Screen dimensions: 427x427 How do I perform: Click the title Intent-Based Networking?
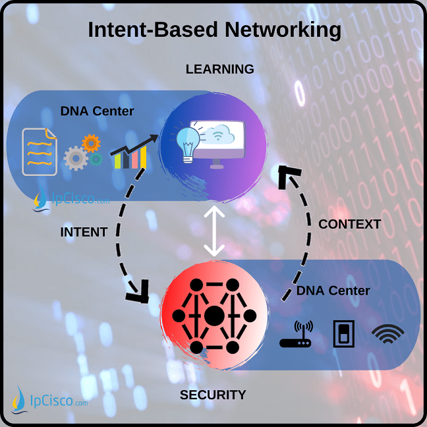click(215, 30)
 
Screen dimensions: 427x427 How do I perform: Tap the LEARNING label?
click(219, 69)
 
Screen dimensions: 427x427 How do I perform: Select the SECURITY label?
click(213, 395)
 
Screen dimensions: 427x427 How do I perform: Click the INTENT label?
click(84, 233)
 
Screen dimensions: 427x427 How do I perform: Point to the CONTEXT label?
click(349, 224)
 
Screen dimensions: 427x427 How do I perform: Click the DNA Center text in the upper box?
click(97, 111)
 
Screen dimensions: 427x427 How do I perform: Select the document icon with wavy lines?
click(40, 152)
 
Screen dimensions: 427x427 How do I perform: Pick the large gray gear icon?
click(76, 158)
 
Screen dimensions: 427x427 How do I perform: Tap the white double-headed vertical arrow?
click(213, 231)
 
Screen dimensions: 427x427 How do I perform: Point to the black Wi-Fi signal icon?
click(389, 335)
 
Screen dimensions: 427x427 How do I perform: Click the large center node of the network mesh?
click(213, 316)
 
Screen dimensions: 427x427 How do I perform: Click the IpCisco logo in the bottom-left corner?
click(49, 399)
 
